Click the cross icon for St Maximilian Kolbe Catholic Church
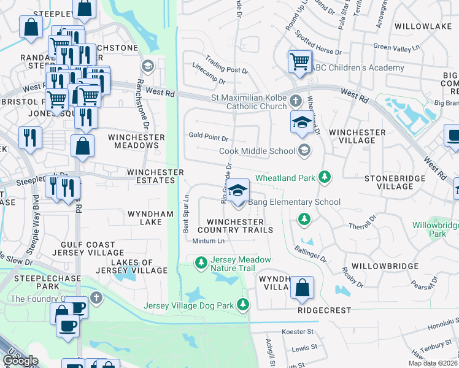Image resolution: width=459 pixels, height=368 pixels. pos(296,100)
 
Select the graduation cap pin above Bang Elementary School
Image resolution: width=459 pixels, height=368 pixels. pos(237,191)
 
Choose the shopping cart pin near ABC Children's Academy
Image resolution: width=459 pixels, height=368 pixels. pos(299,61)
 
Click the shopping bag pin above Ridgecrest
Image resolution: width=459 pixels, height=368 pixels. pos(302,288)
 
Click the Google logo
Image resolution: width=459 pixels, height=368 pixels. pos(20,361)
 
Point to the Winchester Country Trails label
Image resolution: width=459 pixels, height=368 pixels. pos(239,226)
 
